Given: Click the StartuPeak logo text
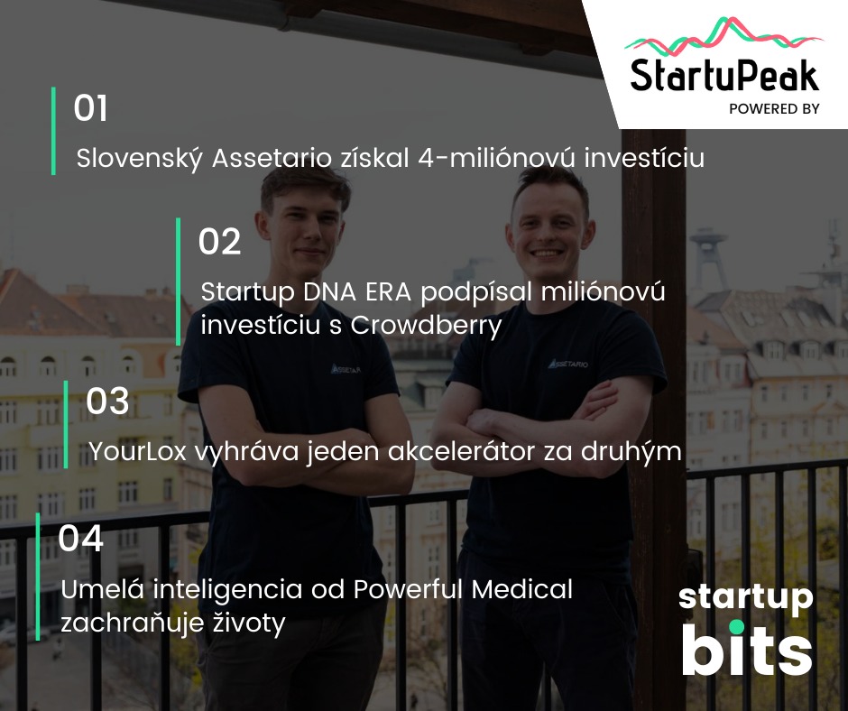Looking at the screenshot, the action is [x=724, y=75].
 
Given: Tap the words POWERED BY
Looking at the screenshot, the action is [x=774, y=109].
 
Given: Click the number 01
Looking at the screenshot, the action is [x=90, y=107].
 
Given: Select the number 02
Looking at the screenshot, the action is [x=219, y=241].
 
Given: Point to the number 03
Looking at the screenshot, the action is [x=107, y=401].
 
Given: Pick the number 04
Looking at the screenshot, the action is [x=80, y=539].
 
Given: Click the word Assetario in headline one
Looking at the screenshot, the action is [x=272, y=158].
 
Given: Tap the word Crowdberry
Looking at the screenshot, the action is [x=426, y=326].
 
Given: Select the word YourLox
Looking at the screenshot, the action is [x=137, y=451].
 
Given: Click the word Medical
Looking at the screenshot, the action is [x=522, y=588].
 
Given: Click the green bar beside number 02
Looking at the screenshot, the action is [x=179, y=282].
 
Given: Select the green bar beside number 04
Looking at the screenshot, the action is [x=38, y=577].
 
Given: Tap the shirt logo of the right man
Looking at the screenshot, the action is [x=567, y=364].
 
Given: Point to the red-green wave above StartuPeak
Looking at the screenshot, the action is [x=724, y=36].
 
